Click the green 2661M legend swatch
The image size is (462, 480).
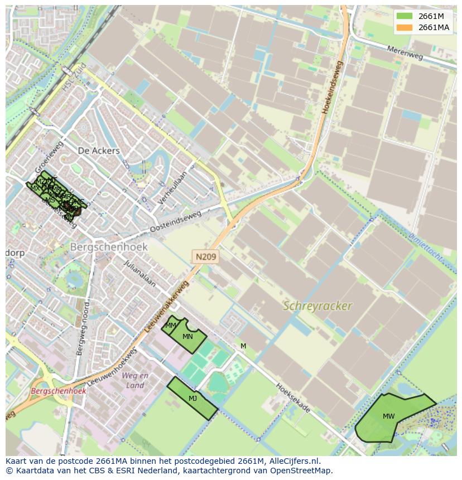click(405, 16)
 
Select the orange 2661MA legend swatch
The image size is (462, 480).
click(405, 27)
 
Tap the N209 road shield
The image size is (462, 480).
click(206, 257)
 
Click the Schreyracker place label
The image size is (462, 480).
click(317, 306)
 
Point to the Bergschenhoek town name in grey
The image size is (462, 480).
click(109, 246)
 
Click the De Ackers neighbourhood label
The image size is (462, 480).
click(99, 151)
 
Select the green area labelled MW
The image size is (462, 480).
click(389, 416)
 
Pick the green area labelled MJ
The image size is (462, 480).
click(192, 399)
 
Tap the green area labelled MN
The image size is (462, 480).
click(188, 337)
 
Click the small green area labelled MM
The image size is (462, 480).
click(171, 325)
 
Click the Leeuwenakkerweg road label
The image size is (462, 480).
click(167, 307)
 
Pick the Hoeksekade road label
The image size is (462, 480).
click(292, 397)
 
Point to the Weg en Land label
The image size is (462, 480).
click(135, 380)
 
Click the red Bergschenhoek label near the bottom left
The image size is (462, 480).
click(59, 391)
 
